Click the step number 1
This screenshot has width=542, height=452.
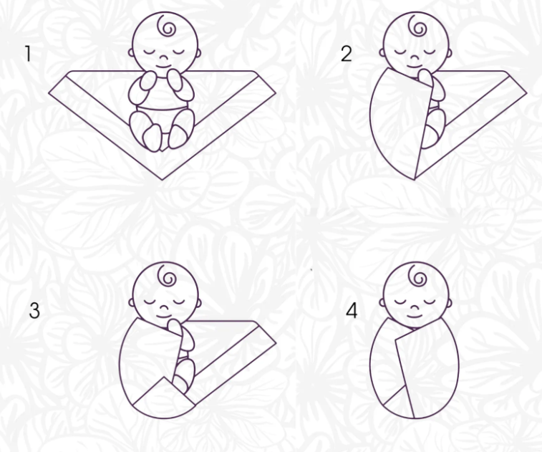[29, 54]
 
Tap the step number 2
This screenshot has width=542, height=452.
[346, 54]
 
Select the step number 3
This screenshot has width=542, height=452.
[34, 310]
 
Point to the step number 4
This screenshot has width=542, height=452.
[352, 310]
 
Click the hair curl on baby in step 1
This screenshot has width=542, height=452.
[166, 25]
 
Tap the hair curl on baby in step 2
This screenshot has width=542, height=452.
[417, 25]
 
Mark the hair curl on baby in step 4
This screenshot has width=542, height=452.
[417, 275]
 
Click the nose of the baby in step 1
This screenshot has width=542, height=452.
[163, 57]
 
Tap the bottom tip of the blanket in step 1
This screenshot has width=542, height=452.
[163, 180]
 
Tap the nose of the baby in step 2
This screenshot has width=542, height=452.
[415, 57]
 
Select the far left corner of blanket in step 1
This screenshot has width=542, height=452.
[49, 92]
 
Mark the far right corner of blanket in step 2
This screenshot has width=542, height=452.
[526, 92]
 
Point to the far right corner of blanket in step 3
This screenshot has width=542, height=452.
[276, 343]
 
